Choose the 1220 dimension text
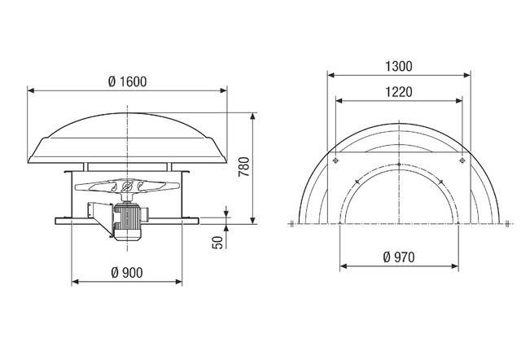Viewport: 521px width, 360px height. (x=398, y=92)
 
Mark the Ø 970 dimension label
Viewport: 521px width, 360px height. (x=398, y=257)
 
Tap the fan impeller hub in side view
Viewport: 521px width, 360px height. (x=128, y=190)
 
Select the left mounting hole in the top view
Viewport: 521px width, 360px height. (x=334, y=161)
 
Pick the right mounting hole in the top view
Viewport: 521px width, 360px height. (x=462, y=161)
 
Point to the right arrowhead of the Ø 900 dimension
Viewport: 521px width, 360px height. (x=179, y=282)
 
